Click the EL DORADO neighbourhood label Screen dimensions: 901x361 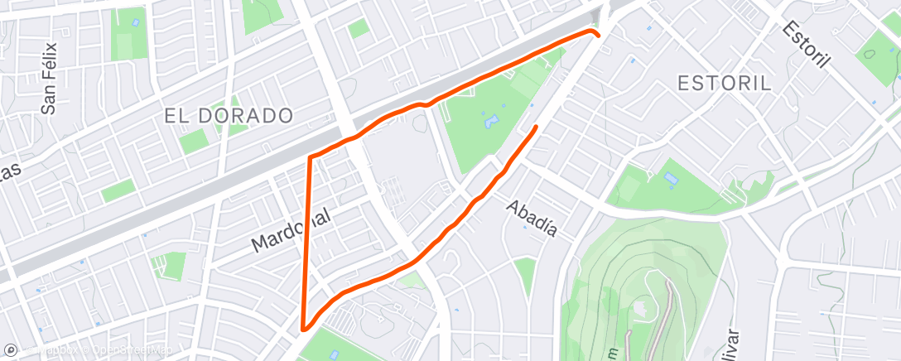(x=229, y=116)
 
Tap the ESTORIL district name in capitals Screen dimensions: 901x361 (x=724, y=83)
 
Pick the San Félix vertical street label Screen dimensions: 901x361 (x=51, y=78)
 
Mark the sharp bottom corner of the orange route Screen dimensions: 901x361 (x=305, y=328)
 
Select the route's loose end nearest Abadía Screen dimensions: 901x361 (x=537, y=127)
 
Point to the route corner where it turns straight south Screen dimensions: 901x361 (x=310, y=156)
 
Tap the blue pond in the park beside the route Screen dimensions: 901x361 (x=492, y=123)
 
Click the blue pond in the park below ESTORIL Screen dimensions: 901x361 (x=670, y=179)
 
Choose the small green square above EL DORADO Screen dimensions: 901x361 (x=358, y=29)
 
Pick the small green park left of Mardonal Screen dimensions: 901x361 (x=173, y=265)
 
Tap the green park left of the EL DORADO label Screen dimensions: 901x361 (x=194, y=141)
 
